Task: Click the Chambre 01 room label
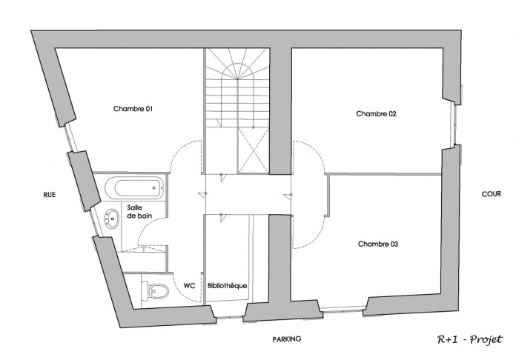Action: click(133, 109)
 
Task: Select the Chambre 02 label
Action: click(377, 114)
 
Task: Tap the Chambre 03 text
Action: click(378, 243)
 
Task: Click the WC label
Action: click(189, 284)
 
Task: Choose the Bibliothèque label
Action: click(228, 284)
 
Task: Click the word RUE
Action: click(50, 195)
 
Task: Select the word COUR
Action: click(492, 194)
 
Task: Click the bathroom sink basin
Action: click(113, 219)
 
